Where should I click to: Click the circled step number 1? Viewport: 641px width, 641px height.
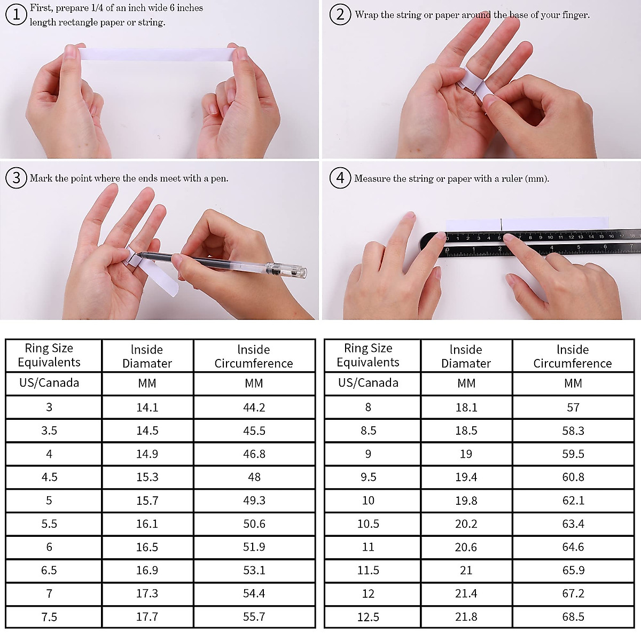tap(16, 14)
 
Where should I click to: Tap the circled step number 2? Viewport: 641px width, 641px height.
tap(340, 14)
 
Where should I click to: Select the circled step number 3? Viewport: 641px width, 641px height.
tap(16, 178)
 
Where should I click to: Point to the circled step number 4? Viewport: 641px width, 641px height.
tap(340, 178)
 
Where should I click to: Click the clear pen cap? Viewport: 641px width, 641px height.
tap(286, 269)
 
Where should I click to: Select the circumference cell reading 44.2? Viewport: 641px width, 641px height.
tap(254, 407)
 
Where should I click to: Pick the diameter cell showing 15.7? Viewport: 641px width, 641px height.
tap(147, 501)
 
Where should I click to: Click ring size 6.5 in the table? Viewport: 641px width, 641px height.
tap(49, 570)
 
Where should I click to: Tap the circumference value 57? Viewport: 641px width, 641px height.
tap(573, 407)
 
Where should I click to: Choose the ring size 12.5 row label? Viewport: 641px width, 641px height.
tap(368, 617)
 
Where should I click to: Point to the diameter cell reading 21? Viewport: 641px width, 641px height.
tap(466, 570)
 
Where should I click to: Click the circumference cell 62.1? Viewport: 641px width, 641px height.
tap(573, 501)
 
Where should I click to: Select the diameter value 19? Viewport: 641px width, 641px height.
tap(466, 454)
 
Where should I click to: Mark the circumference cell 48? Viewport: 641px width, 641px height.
tap(254, 477)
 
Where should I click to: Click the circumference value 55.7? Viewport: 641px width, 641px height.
tap(254, 617)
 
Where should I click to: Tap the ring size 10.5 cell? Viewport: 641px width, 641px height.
tap(368, 523)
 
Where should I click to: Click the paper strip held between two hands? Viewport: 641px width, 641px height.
tap(157, 54)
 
